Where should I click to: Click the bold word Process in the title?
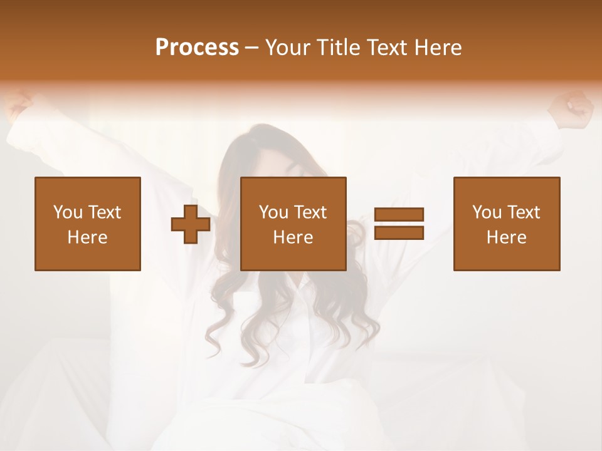pos(197,48)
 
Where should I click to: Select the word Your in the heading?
pos(288,48)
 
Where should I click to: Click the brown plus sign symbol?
pos(191,224)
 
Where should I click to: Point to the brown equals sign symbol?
pos(399,224)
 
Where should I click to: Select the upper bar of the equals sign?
pos(399,215)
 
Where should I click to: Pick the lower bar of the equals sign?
pos(399,232)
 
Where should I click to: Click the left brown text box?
pos(87,224)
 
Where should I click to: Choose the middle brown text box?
pos(293,224)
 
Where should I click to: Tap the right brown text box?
pos(507,224)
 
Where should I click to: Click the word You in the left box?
pos(67,212)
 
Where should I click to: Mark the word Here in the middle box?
pos(293,237)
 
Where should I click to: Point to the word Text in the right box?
pos(522,212)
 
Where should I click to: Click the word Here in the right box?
pos(507,237)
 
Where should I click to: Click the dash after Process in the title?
pos(252,48)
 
